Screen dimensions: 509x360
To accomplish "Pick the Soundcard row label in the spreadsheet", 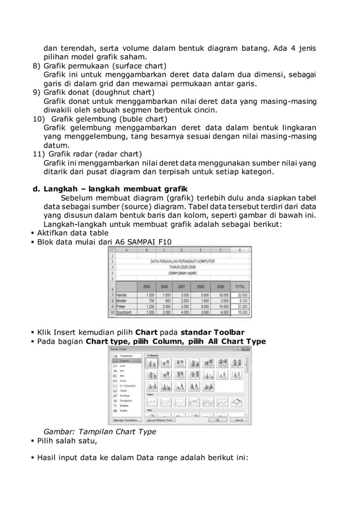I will [121, 312].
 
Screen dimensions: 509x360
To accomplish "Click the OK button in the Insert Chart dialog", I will [215, 420].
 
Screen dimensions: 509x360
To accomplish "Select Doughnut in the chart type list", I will [126, 402].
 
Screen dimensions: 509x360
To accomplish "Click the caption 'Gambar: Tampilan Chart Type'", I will [100, 432].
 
